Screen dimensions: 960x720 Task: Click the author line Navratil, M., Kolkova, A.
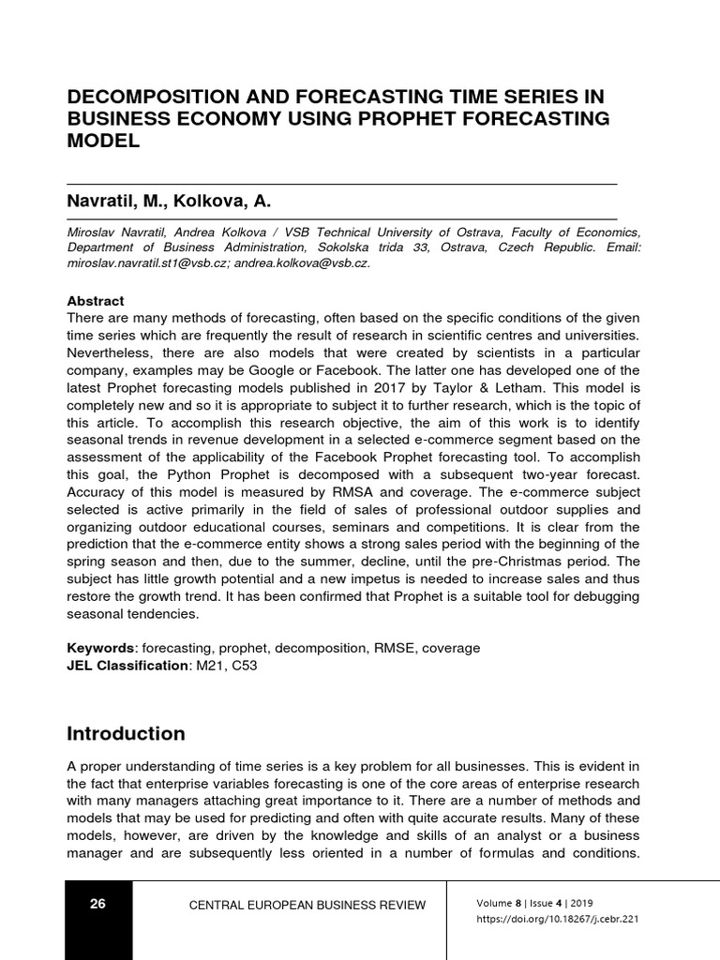169,201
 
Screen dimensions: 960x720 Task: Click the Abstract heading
96,301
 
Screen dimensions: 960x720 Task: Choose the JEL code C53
243,666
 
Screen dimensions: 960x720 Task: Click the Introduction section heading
126,733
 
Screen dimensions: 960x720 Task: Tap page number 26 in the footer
98,904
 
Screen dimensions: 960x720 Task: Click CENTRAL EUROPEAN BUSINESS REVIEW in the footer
307,905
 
